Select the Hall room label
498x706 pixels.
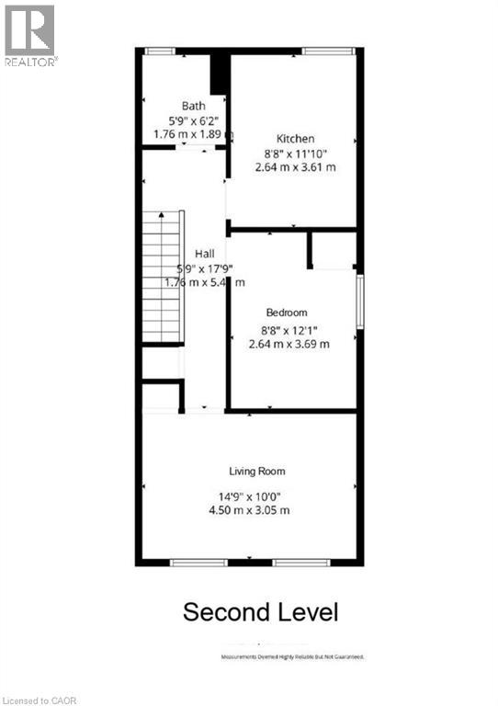204,254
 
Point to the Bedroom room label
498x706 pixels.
287,313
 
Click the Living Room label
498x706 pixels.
257,472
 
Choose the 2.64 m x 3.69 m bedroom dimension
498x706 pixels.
289,344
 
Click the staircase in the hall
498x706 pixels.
162,276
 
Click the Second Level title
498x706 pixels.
260,611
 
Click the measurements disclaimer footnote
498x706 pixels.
292,657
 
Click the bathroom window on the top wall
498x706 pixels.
161,51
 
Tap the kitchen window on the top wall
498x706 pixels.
323,51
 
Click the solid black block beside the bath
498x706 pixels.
219,74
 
